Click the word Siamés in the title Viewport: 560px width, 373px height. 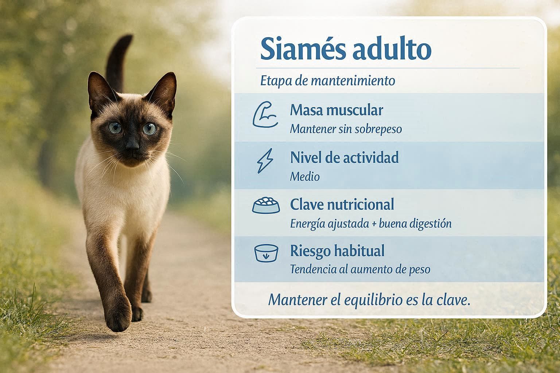[x=303, y=48]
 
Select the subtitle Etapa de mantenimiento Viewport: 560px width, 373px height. [x=328, y=81]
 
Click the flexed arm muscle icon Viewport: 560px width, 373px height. [x=265, y=114]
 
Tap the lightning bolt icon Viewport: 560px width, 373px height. [x=265, y=161]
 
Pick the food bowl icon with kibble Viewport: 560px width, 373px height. [x=266, y=205]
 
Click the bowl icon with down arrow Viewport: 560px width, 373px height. [x=266, y=253]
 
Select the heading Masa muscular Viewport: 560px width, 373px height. [x=337, y=110]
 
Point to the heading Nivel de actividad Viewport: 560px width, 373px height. [x=345, y=157]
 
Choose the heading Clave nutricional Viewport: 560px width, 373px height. [x=342, y=204]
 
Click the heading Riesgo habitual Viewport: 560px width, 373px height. [x=337, y=251]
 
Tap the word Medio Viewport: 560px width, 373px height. [x=305, y=177]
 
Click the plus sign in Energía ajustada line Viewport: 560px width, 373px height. [x=374, y=224]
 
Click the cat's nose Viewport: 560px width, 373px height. [x=132, y=145]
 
